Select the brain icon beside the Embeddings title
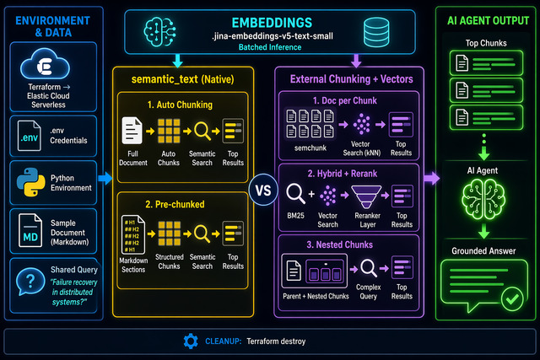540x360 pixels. (x=160, y=31)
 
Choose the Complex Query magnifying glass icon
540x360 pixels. (x=368, y=271)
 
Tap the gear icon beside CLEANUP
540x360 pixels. (x=189, y=341)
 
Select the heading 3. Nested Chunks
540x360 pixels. (x=347, y=244)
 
